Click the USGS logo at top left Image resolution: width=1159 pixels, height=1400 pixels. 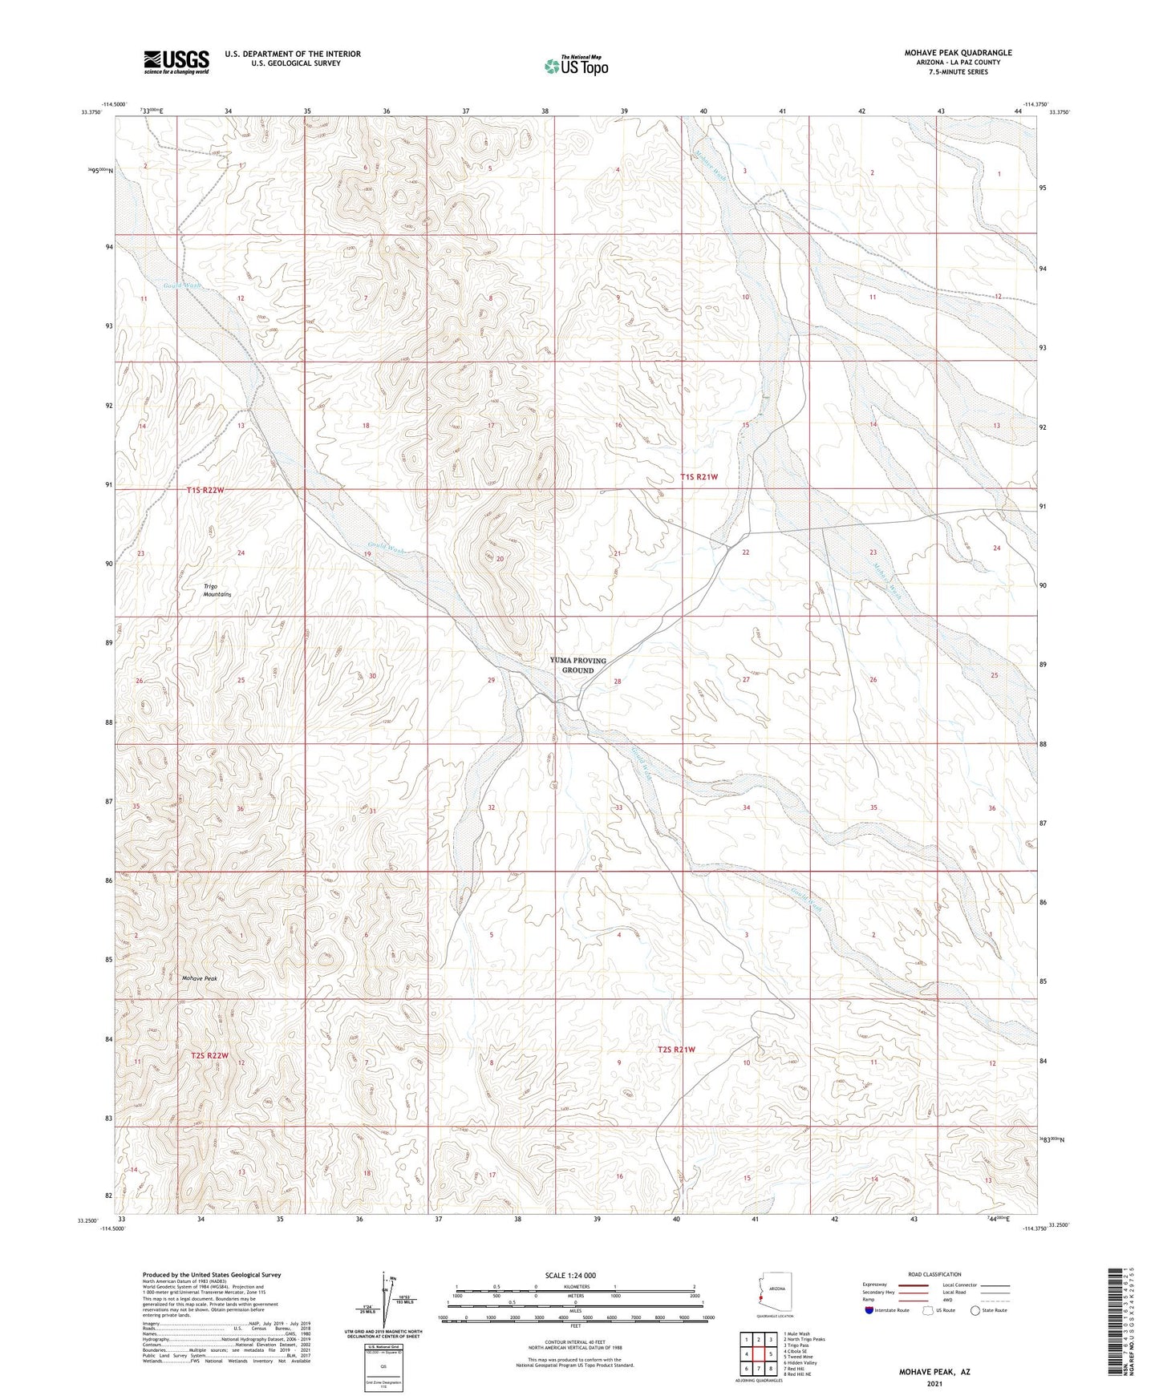pyautogui.click(x=176, y=62)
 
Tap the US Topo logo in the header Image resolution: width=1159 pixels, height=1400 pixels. pyautogui.click(x=576, y=66)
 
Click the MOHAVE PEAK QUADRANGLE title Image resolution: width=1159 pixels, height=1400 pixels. pyautogui.click(x=958, y=53)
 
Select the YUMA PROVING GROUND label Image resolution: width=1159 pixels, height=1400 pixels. pyautogui.click(x=577, y=665)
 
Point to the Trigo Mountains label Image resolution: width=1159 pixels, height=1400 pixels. pyautogui.click(x=217, y=590)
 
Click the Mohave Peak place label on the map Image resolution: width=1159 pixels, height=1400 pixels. pyautogui.click(x=199, y=978)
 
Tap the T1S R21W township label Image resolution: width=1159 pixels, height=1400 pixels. pyautogui.click(x=699, y=476)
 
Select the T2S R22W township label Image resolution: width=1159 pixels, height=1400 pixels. pyautogui.click(x=210, y=1056)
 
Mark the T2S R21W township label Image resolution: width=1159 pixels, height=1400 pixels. pyautogui.click(x=676, y=1049)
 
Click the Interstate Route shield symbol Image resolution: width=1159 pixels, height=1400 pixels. pyautogui.click(x=869, y=1310)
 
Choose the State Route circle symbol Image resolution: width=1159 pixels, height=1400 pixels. pyautogui.click(x=975, y=1310)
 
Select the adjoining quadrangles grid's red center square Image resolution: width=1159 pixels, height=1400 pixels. pyautogui.click(x=758, y=1353)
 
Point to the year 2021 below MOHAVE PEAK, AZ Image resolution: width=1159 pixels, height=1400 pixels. pyautogui.click(x=934, y=1383)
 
